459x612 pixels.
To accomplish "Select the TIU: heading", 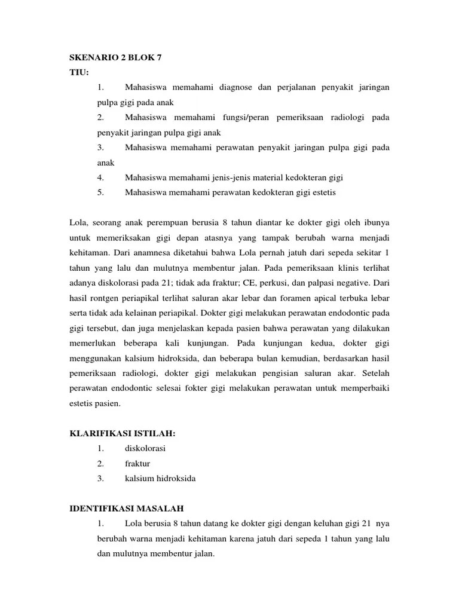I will click(x=79, y=72).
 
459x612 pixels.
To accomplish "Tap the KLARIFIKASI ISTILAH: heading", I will click(x=124, y=433).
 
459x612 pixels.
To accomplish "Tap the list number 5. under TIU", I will click(x=100, y=192).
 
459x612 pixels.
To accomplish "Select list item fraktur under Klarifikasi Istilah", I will click(x=137, y=463).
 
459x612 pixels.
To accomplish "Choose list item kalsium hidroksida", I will click(x=160, y=478).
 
